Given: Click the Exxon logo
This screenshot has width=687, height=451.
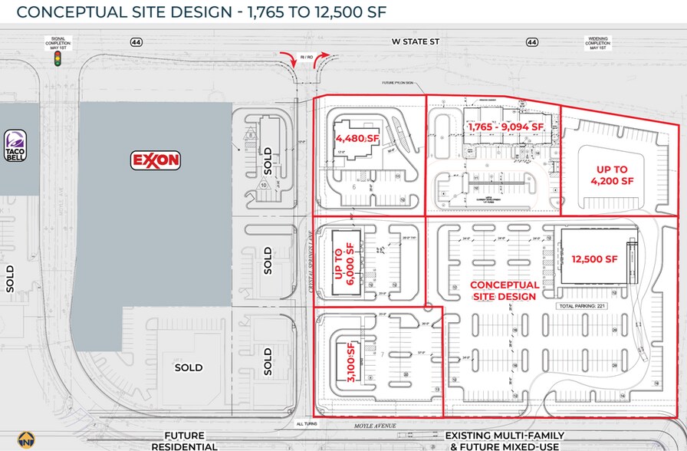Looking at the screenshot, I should point(156,160).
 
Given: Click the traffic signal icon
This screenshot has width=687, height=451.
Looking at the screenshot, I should point(56,65).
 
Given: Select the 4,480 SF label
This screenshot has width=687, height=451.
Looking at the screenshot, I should point(357,138).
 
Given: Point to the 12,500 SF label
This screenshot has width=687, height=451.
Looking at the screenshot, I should point(594,259).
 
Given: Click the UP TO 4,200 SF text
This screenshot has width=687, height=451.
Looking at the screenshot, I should point(613,175).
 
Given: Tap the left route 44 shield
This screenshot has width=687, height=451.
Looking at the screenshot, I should point(136,43).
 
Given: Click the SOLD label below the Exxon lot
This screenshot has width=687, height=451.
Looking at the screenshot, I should point(189,367).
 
